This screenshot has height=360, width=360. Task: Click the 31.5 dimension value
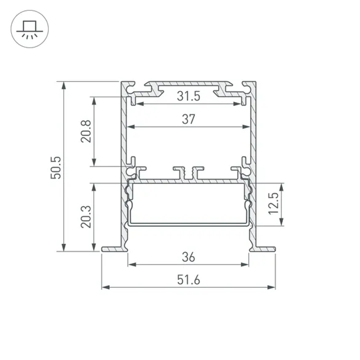(x=188, y=96)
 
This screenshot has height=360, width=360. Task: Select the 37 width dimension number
(x=188, y=119)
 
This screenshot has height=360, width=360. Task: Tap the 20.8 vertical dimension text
(x=86, y=131)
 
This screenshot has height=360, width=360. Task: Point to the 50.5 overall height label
(x=57, y=167)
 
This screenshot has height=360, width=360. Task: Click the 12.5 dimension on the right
(x=274, y=203)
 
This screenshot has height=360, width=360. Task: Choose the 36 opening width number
(x=188, y=257)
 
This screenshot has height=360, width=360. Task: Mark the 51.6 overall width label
(x=188, y=280)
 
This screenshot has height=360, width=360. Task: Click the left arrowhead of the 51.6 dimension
(x=105, y=287)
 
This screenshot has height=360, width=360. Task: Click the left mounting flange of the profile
(x=114, y=249)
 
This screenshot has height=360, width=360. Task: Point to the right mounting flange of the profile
(x=263, y=249)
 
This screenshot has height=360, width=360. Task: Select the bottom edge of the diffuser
(x=188, y=224)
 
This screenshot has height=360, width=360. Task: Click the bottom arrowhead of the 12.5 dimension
(x=281, y=223)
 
